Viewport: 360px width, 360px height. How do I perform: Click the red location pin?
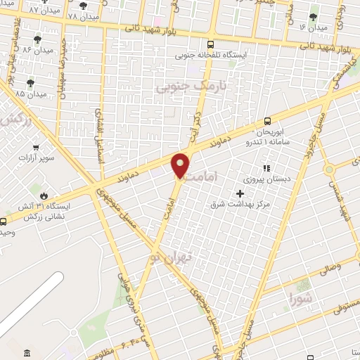coord(181,166)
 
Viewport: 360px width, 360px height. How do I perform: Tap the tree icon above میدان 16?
coord(313,15)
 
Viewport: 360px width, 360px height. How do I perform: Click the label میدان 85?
coord(30,93)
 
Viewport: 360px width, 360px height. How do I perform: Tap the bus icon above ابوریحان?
coord(267,121)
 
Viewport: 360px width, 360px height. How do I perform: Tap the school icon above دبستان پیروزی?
coord(266,168)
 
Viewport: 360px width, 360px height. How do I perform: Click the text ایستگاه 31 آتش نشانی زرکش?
coord(34,212)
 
